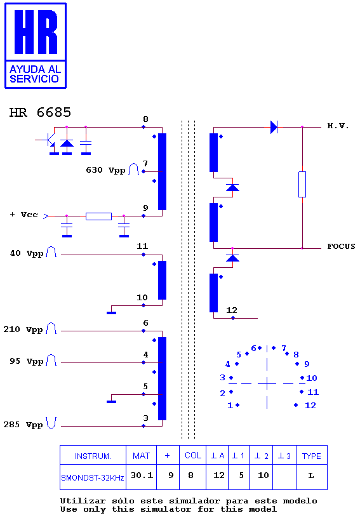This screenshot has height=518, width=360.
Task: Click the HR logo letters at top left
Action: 36,32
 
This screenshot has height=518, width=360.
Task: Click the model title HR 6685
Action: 40,112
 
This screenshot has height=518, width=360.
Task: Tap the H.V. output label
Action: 338,126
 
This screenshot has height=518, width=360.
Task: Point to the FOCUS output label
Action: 341,246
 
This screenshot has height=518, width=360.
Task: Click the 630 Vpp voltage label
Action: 105,170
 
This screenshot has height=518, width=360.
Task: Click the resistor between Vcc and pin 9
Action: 99,216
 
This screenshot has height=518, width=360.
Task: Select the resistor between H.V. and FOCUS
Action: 302,184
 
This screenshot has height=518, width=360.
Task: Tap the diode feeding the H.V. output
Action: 274,127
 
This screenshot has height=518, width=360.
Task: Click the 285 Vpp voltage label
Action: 23,425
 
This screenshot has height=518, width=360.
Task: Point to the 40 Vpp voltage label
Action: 27,253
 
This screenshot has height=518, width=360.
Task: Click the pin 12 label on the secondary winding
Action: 232,310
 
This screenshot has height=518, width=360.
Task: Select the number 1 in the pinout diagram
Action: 230,406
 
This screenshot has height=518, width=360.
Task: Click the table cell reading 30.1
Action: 142,475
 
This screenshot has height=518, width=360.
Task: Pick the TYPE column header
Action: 312,456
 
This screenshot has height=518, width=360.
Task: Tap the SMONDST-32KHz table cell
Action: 93,478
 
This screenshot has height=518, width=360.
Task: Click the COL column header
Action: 193,456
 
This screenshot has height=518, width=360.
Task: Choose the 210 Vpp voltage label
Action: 23,329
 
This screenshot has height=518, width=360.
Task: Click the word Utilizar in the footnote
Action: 83,501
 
